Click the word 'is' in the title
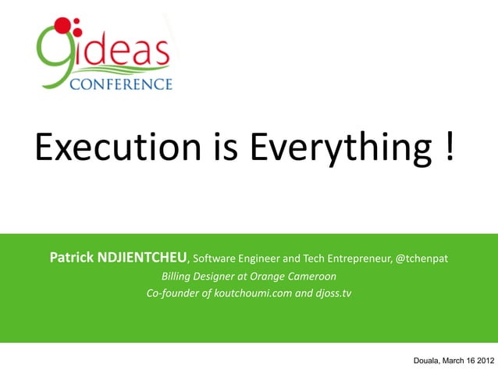click(225, 146)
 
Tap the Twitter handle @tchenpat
click(422, 258)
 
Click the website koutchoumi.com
click(253, 294)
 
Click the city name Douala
click(426, 361)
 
